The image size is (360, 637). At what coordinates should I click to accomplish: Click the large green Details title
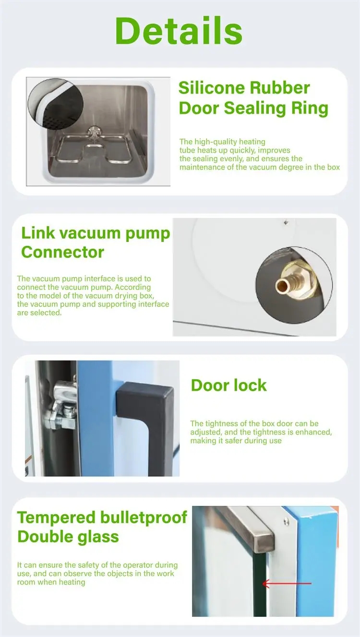coord(179,30)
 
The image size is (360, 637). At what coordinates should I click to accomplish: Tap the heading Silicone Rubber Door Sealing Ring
coord(253,98)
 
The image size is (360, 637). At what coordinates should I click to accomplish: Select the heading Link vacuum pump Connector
coord(96,242)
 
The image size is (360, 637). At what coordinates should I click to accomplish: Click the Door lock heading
coord(228,385)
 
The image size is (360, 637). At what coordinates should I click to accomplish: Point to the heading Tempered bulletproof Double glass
coord(102,527)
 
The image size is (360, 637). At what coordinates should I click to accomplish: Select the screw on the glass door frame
coord(287,521)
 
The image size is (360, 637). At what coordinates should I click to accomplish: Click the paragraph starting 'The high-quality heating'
coord(259,155)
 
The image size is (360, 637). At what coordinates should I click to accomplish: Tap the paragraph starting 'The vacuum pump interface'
coord(93,296)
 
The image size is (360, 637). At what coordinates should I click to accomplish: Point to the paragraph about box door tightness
coord(261,432)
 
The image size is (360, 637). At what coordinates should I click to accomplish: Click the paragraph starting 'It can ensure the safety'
coord(97,573)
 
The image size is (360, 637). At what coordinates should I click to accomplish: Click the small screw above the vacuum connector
coord(286,222)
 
